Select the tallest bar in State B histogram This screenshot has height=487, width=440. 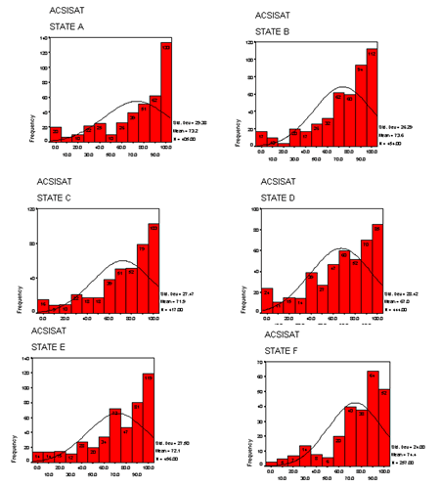(x=372, y=98)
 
